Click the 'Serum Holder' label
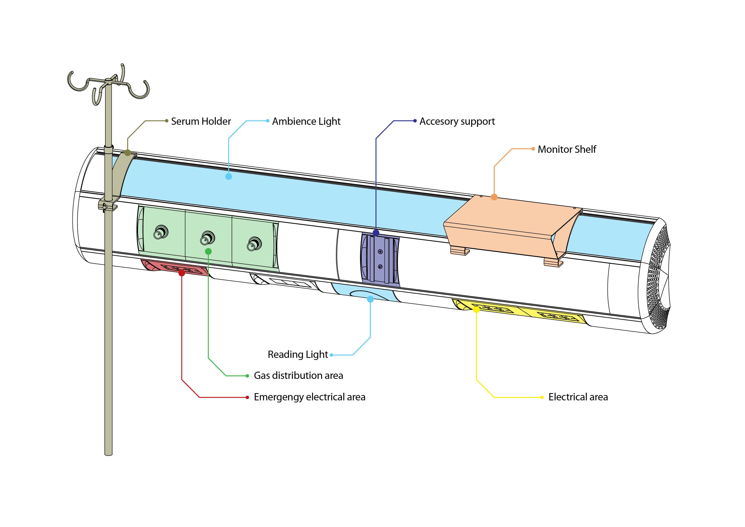201,121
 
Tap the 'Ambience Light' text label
306,121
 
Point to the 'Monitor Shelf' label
567,149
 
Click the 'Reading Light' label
298,355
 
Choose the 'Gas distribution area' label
298,376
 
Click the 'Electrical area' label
578,397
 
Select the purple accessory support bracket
380,260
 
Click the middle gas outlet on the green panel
208,238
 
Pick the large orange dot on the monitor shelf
494,197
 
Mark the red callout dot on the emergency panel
182,273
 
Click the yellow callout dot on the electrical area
476,309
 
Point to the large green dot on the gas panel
208,251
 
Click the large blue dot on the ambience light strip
229,177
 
